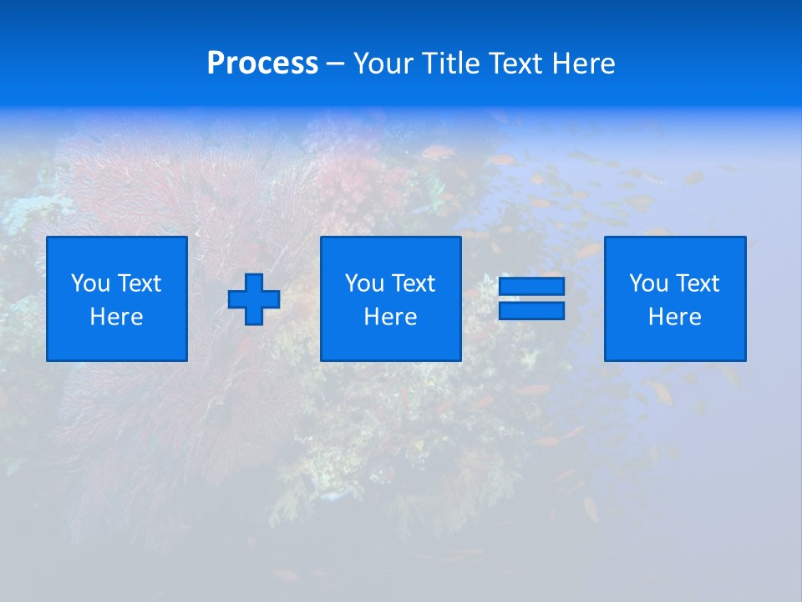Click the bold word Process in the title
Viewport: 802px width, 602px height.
coord(262,64)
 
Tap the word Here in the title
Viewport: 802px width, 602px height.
coord(582,64)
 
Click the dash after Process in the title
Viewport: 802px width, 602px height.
coord(335,64)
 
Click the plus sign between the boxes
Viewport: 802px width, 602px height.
coord(254,299)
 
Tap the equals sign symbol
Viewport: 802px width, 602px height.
coord(531,298)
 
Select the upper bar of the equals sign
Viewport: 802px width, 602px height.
coord(531,287)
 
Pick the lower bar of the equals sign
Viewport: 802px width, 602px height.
coord(531,310)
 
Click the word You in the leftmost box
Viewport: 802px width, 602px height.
coord(90,283)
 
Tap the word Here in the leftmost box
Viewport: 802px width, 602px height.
coord(117,317)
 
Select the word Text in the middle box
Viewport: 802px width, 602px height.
coord(414,283)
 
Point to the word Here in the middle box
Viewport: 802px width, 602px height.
coord(391,317)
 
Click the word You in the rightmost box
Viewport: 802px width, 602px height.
coord(648,283)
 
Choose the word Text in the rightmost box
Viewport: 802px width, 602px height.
coord(698,283)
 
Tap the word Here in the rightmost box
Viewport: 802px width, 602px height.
coord(675,317)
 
